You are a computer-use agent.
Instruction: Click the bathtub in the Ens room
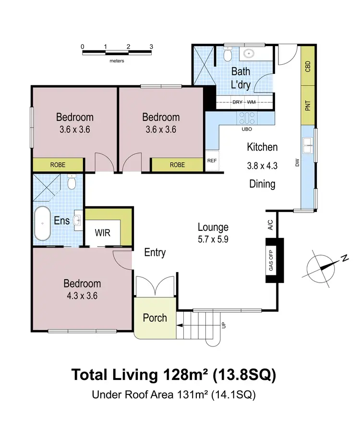pos(43,223)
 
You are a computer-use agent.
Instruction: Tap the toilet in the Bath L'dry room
pos(228,54)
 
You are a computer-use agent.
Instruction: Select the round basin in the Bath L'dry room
pos(249,53)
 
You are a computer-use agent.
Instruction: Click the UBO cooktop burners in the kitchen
pos(247,118)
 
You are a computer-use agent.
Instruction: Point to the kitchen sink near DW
pos(308,146)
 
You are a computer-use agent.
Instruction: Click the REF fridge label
pos(212,161)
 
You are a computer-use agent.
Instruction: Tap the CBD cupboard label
pos(308,66)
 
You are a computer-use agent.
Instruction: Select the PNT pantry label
pos(308,106)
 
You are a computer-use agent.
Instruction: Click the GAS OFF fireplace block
pos(275,261)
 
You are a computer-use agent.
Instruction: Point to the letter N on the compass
pos(345,258)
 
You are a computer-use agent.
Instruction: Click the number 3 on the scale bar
pos(151,47)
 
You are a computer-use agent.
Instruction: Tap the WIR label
pos(102,233)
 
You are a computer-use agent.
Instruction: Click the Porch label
pos(155,318)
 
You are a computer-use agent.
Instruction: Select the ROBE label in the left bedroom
pos(58,165)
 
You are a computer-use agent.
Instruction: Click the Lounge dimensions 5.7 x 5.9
pos(213,239)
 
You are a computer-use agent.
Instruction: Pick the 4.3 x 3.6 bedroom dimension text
pos(82,296)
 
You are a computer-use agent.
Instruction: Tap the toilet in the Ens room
pos(72,181)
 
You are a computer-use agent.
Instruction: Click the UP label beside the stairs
pos(224,325)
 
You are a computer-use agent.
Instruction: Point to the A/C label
pos(270,225)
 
